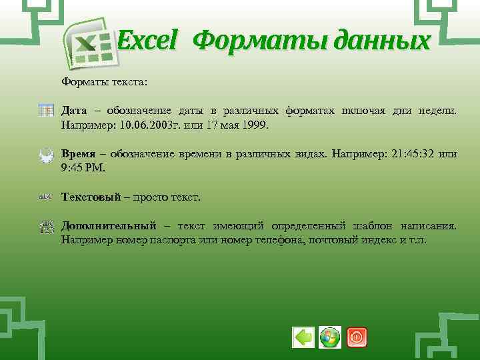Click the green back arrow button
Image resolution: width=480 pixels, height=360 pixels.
click(x=303, y=337)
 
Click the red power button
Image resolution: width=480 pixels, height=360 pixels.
click(x=357, y=337)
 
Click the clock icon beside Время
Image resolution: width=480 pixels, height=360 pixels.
click(x=46, y=155)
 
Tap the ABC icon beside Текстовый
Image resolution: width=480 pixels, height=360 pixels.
click(x=46, y=197)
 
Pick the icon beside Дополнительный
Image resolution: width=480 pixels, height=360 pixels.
click(x=46, y=227)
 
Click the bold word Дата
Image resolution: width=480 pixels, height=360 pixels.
click(x=75, y=110)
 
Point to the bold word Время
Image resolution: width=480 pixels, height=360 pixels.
click(x=79, y=154)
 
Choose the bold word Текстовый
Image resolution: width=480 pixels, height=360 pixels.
click(x=91, y=197)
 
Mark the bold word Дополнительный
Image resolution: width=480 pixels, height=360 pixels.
click(x=109, y=225)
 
